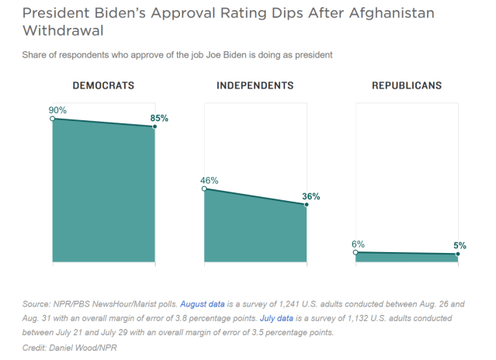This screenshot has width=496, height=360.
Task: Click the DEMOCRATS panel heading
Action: [x=103, y=85]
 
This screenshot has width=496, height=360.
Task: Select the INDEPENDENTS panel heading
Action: [x=255, y=85]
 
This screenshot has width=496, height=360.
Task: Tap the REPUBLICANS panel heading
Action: [x=407, y=85]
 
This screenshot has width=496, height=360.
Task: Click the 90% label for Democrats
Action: [x=58, y=110]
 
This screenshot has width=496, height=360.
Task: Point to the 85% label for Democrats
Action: [x=159, y=118]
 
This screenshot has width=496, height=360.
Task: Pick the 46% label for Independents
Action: [x=210, y=180]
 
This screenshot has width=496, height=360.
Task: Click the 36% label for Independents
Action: [x=310, y=196]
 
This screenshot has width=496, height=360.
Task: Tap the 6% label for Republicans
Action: [x=358, y=244]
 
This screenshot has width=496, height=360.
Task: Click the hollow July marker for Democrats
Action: [x=52, y=119]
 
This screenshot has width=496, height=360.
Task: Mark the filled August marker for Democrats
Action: [x=154, y=126]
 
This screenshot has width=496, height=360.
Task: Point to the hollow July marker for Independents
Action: [x=204, y=189]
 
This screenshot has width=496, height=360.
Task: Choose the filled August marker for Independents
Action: [x=307, y=205]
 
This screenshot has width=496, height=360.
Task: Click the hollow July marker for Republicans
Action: [x=356, y=252]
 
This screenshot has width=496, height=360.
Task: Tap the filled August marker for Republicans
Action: [x=458, y=254]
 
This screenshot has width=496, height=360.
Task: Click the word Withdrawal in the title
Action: [x=57, y=33]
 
